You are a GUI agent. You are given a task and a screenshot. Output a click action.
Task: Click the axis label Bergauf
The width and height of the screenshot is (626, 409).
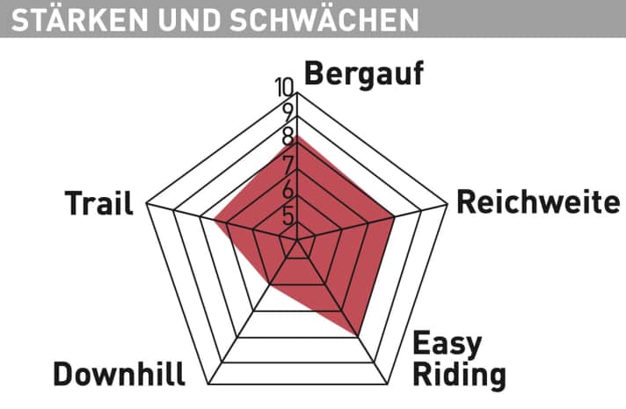click(x=364, y=75)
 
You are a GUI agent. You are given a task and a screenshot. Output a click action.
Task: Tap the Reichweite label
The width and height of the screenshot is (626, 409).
click(x=538, y=202)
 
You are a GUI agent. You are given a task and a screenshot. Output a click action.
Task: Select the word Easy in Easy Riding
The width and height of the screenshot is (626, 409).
click(x=448, y=344)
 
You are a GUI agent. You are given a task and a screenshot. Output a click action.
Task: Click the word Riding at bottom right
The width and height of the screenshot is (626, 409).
click(x=459, y=376)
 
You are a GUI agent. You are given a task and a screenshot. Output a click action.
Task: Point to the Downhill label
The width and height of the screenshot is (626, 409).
click(x=119, y=374)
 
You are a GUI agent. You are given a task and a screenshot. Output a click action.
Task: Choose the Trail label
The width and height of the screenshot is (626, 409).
click(x=98, y=203)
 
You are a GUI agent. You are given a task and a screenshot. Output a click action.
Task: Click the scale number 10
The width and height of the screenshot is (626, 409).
click(x=285, y=87)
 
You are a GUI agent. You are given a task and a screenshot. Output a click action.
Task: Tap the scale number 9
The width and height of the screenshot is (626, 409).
click(x=288, y=113)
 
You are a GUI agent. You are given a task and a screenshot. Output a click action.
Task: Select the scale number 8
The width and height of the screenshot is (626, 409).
click(x=288, y=136)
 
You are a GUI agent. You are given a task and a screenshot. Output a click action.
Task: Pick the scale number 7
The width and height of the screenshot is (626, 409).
click(x=288, y=164)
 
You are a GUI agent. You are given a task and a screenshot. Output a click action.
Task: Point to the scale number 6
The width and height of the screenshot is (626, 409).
click(x=288, y=190)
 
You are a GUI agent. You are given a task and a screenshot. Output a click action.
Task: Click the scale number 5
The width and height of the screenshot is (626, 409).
click(x=288, y=216)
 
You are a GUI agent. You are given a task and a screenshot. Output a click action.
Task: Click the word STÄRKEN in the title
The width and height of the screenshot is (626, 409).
click(x=79, y=18)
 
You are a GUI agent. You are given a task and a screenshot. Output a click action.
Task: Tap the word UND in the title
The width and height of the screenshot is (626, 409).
click(x=189, y=19)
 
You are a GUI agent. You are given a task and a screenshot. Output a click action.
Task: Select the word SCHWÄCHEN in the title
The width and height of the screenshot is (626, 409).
click(x=324, y=18)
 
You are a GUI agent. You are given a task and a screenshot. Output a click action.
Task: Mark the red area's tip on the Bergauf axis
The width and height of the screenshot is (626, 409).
click(x=297, y=135)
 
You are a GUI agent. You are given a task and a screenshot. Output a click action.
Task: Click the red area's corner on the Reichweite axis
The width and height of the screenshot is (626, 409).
click(x=395, y=217)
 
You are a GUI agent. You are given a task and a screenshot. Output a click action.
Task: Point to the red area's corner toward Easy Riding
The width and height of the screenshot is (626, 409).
click(x=356, y=335)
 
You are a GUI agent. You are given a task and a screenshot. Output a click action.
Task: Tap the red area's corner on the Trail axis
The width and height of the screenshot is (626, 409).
click(x=214, y=219)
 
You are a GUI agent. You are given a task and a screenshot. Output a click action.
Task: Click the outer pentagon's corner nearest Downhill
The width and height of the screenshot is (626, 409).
click(x=208, y=384)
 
